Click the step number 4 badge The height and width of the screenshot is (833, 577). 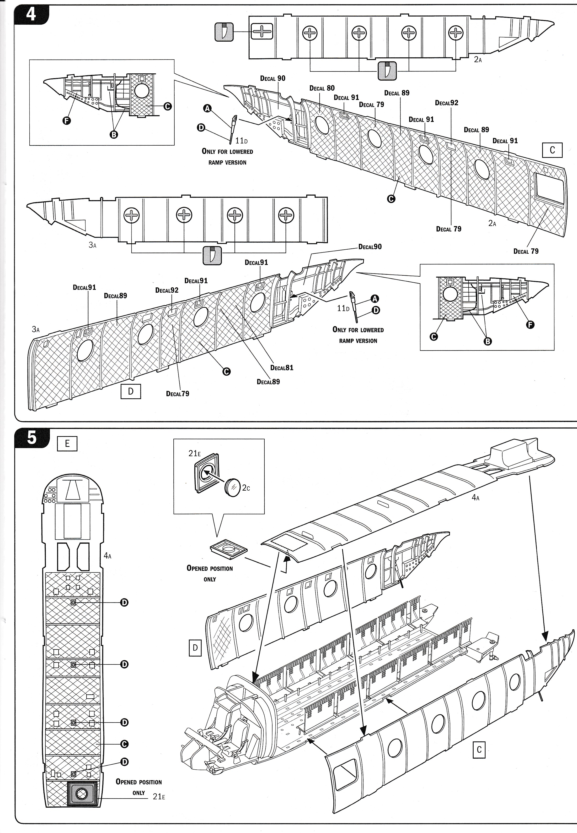tap(31, 15)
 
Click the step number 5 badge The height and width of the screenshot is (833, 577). tap(32, 438)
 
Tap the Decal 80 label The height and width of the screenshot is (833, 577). tap(322, 88)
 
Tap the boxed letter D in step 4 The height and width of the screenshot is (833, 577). tap(131, 391)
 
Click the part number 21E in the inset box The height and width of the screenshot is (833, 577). tap(194, 453)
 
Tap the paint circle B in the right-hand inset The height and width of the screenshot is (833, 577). tap(487, 341)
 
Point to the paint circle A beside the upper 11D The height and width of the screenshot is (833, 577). tap(207, 108)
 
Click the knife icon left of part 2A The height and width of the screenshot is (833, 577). tap(224, 32)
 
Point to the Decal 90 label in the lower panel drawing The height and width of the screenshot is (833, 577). tap(370, 247)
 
